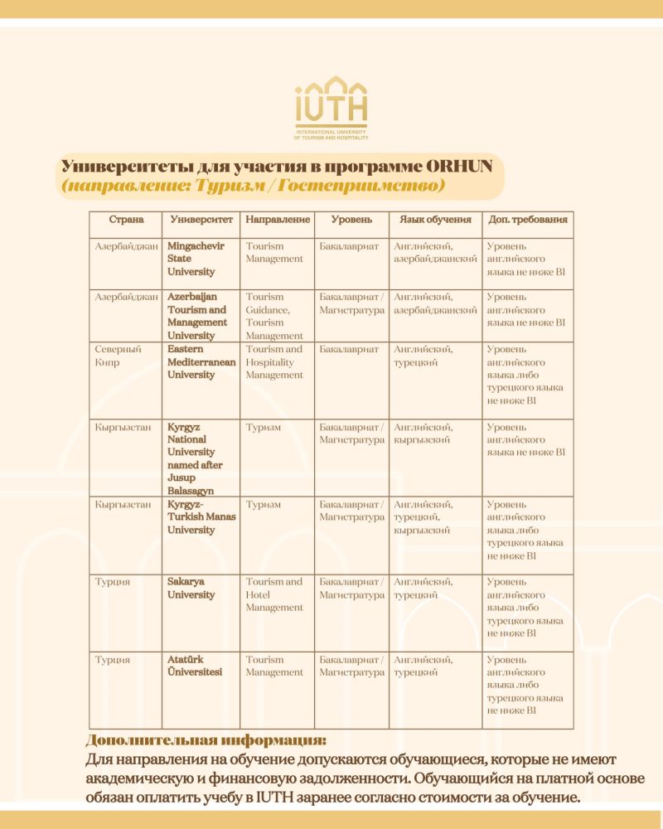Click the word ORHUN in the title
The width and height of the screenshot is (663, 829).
(x=456, y=165)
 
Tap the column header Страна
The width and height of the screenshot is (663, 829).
(x=126, y=220)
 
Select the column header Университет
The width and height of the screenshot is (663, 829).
(x=201, y=220)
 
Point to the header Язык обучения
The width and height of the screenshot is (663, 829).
(x=435, y=220)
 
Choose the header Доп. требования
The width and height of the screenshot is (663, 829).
(x=528, y=220)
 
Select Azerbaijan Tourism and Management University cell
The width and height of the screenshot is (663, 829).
(x=197, y=316)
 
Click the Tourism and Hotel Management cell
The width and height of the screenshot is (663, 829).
(x=274, y=594)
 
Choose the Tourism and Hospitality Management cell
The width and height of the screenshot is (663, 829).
(x=274, y=361)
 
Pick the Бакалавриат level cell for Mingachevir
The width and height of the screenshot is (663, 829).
(x=349, y=246)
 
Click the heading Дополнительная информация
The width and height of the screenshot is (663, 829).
(x=206, y=740)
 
